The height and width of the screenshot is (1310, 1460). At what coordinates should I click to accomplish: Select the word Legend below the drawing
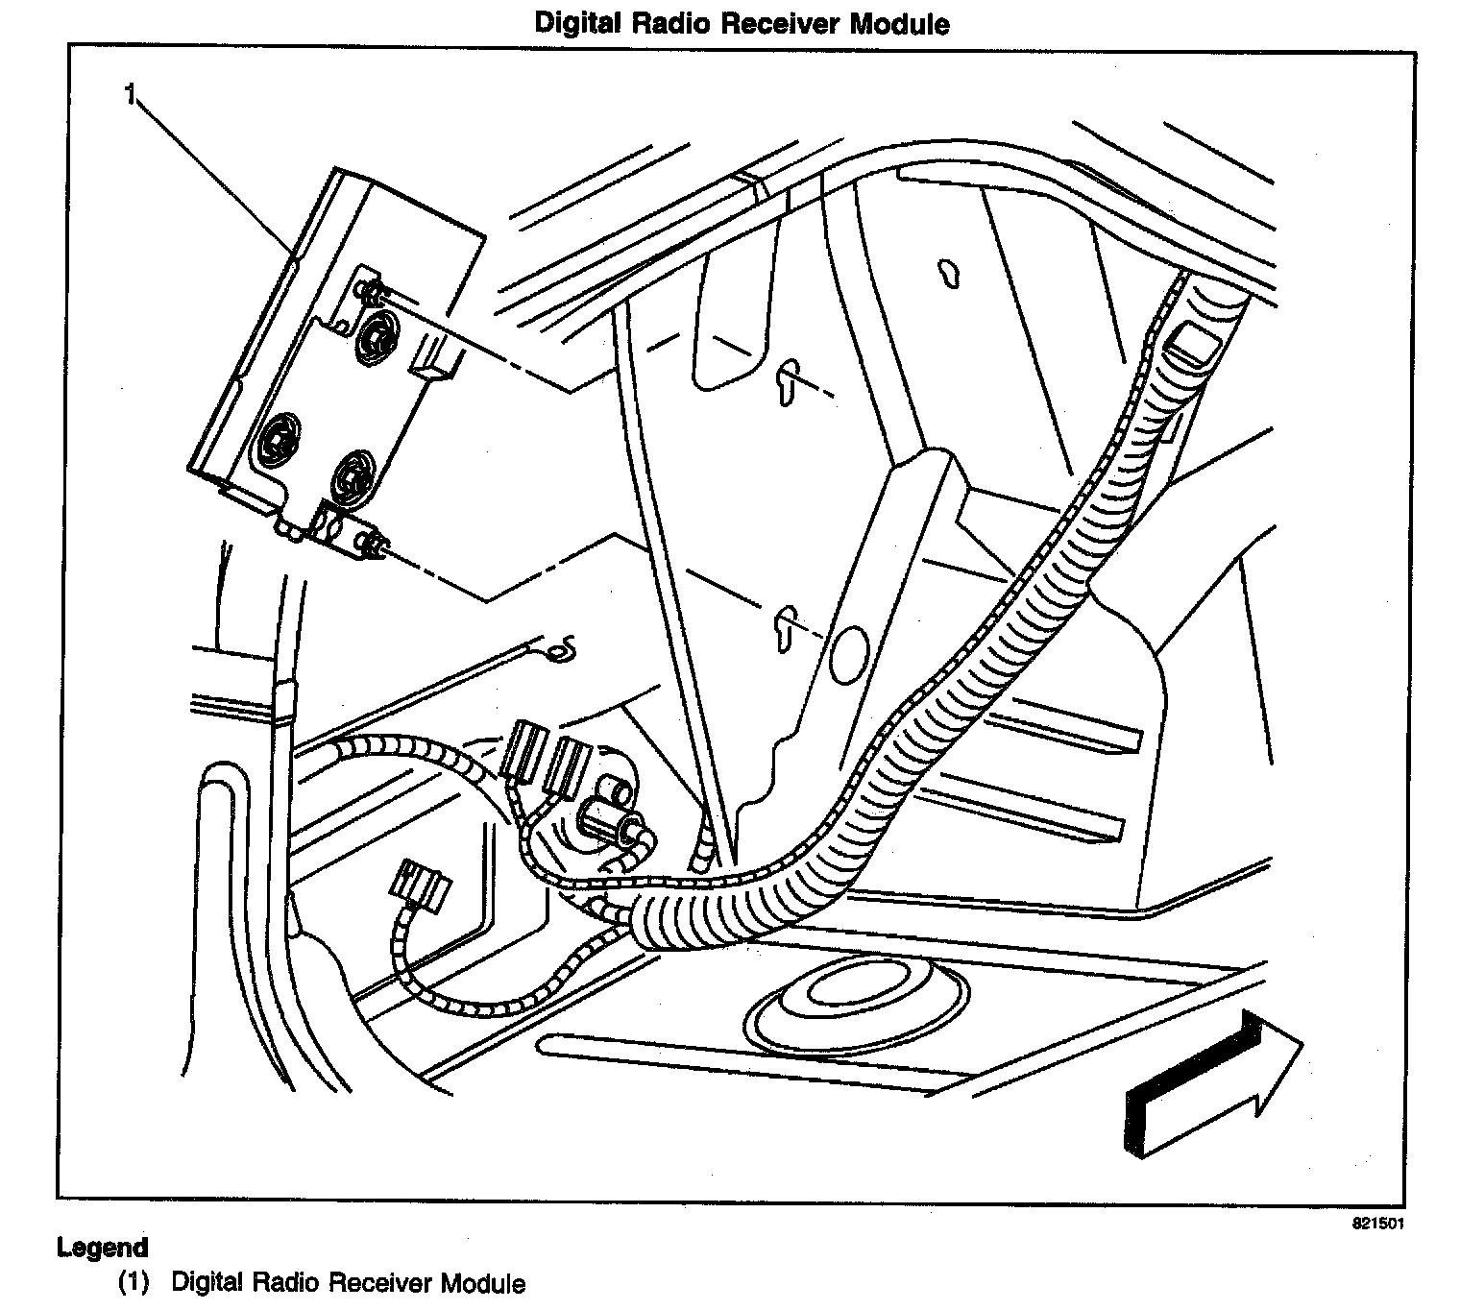pyautogui.click(x=103, y=1248)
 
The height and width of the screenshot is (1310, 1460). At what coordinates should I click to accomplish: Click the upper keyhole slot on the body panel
pyautogui.click(x=787, y=381)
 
